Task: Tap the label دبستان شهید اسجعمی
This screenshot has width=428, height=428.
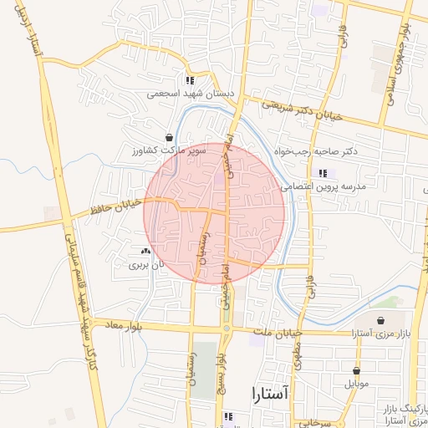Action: click(178, 94)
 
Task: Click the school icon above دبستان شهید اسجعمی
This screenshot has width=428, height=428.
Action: click(190, 81)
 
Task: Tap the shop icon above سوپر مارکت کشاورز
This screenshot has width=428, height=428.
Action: click(170, 137)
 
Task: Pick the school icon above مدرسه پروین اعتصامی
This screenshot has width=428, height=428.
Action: click(322, 174)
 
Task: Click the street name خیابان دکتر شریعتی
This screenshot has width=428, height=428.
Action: click(303, 112)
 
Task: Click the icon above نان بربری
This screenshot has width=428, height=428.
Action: click(146, 252)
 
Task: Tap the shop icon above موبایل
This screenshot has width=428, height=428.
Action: click(357, 371)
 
